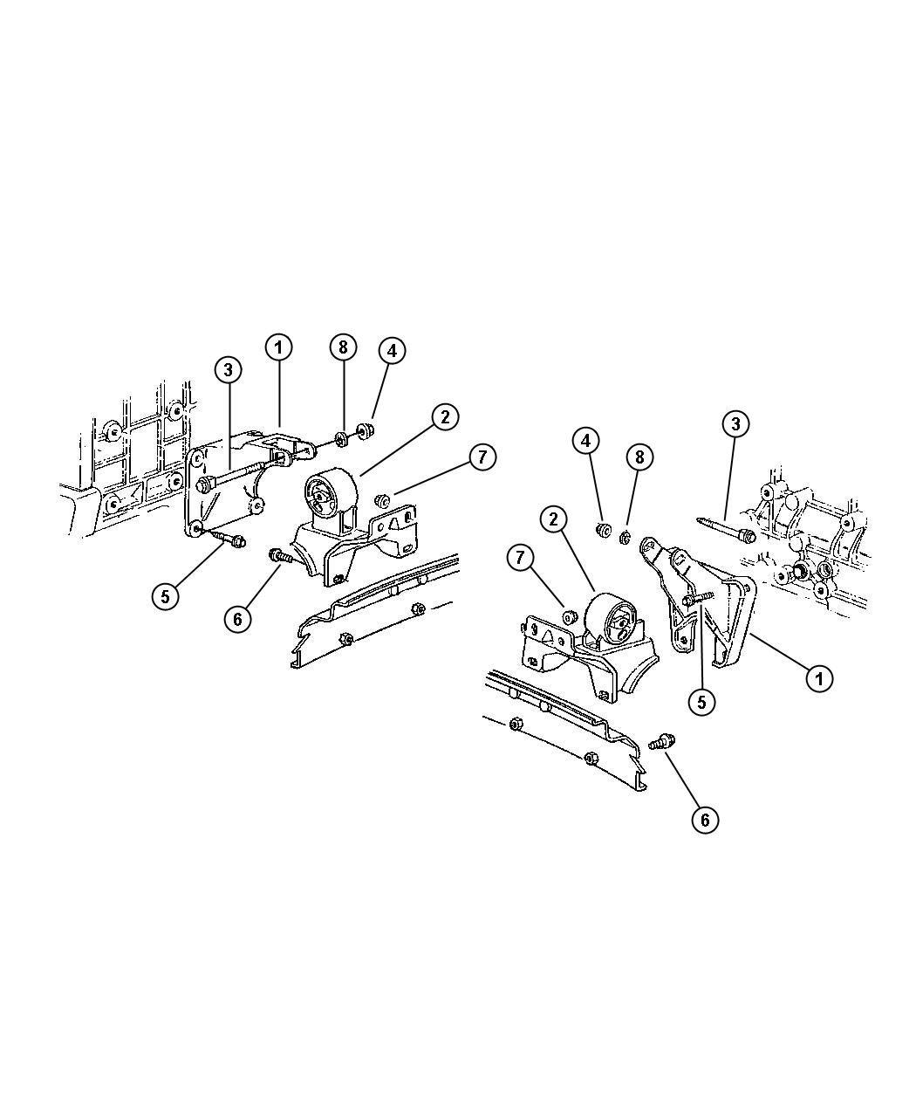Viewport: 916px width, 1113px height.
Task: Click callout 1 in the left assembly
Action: click(x=278, y=347)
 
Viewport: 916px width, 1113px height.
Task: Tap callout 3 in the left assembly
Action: click(x=228, y=369)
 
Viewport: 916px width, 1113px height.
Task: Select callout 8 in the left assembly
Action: click(x=343, y=347)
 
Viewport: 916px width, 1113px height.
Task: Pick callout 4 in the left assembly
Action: click(x=392, y=351)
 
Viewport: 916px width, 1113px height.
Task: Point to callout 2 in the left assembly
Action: click(x=444, y=416)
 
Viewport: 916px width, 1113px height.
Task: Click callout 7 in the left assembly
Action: click(x=482, y=457)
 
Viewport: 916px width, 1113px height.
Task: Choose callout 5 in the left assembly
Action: click(x=165, y=596)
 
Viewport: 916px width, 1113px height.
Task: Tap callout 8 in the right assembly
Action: click(x=639, y=457)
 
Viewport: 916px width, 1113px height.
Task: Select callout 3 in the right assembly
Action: click(x=735, y=423)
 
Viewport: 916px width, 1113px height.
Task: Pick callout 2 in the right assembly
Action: click(x=553, y=519)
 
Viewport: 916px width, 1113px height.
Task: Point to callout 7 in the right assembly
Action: click(x=520, y=558)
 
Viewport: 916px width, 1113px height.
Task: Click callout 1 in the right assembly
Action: click(x=819, y=678)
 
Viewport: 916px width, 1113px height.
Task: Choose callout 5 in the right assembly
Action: click(x=701, y=702)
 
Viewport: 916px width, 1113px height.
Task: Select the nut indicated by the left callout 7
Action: click(x=382, y=501)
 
